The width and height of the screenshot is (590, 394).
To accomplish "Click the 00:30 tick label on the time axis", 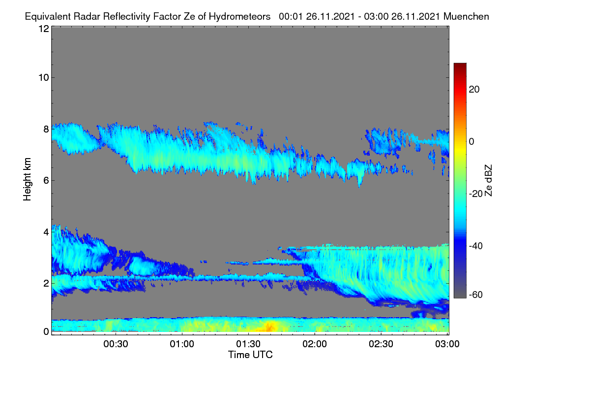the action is click(116, 344).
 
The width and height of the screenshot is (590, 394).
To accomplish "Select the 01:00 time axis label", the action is click(182, 344).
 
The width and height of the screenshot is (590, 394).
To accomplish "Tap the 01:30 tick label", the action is click(248, 344).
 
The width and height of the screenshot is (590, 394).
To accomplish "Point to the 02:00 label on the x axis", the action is click(315, 344).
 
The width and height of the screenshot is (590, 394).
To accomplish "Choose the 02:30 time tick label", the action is click(381, 344).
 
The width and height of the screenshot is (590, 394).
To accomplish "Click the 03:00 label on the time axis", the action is click(447, 344).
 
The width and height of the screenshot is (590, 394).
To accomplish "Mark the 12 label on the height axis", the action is click(44, 29).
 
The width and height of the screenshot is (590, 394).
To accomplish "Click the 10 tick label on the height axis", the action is click(44, 78).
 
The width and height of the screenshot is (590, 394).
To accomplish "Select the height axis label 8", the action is click(46, 130).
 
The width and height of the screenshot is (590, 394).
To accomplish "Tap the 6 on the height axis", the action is click(46, 181).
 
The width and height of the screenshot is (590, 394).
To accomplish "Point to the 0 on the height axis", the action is click(46, 332).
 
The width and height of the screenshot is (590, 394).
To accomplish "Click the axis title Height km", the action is click(27, 179).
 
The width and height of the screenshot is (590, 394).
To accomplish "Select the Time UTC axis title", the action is click(250, 355).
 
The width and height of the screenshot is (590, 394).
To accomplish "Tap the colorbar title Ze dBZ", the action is click(488, 181).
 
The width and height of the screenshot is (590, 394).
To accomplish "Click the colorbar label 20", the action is click(474, 90).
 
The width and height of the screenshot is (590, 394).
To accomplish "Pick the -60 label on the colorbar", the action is click(476, 295).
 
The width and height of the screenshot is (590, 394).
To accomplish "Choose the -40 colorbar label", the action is click(476, 246).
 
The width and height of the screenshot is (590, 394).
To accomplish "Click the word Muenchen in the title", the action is click(466, 17).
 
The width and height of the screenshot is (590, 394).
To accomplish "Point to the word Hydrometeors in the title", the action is click(240, 17).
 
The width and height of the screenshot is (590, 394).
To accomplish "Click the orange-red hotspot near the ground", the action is click(269, 327).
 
